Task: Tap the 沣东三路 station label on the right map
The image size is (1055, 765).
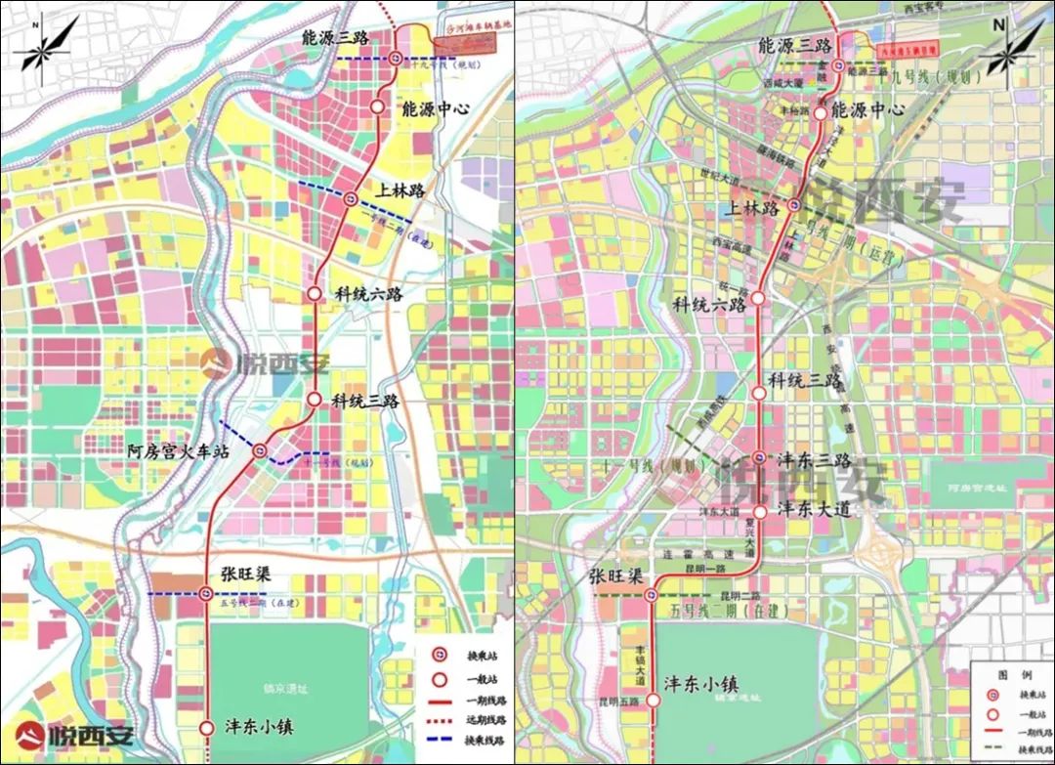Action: point(813,459)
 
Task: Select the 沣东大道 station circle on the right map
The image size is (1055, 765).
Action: point(760,510)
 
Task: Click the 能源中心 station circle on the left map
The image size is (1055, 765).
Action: point(378,106)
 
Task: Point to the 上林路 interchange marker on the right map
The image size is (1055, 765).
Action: point(794,205)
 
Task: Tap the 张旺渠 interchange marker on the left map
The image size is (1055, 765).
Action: point(205,593)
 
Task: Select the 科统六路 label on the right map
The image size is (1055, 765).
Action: point(708,305)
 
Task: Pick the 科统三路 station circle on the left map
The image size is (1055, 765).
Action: point(315,399)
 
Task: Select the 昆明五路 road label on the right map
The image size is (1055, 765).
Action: point(620,701)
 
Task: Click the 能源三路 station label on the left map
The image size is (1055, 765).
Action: point(334,37)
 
